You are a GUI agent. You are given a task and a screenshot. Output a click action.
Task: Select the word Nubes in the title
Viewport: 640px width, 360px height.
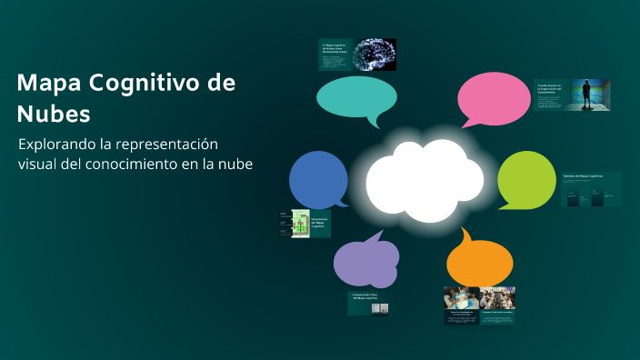54,115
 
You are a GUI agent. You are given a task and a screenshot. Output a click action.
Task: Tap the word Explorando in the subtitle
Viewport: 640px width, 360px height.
59,145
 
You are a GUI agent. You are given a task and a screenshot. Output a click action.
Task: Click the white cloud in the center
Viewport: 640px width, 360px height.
425,178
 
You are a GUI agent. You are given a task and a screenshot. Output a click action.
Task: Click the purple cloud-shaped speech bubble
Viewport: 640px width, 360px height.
365,262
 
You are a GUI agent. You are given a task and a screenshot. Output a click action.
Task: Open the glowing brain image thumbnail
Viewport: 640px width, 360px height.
374,53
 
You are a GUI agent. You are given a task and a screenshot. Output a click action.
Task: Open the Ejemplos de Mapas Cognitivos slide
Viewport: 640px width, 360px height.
590,188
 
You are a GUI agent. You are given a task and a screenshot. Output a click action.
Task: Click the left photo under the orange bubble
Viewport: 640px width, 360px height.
461,298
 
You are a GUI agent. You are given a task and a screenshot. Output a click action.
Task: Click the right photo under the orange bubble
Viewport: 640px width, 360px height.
497,298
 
